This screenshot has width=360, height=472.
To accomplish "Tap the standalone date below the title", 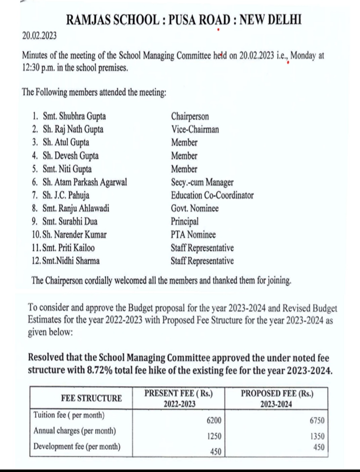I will pos(39,36).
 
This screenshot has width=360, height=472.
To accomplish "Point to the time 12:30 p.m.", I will pos(38,68).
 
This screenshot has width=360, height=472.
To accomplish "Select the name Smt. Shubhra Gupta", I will pos(74,116).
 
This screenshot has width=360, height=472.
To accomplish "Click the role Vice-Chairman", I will pos(195,129).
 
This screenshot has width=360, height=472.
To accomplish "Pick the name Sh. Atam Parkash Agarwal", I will pos(85,182).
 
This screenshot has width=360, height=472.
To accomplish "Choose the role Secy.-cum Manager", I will pos(202,182).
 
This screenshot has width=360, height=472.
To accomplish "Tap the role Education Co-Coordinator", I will pos(212,195).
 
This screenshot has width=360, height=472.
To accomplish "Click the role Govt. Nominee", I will pos(195,208).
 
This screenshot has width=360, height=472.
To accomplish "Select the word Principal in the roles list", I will pos(185,221).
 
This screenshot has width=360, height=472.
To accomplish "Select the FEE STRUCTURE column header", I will pos(91,398).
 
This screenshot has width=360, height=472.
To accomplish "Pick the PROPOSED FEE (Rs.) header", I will pos(277,393).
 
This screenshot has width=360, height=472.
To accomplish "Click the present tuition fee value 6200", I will pos(214,421).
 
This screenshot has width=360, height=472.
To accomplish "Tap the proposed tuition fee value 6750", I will pos(317,421).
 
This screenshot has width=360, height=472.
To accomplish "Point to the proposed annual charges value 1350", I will pos(317,436).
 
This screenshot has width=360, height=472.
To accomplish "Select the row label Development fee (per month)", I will pos(77,446).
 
